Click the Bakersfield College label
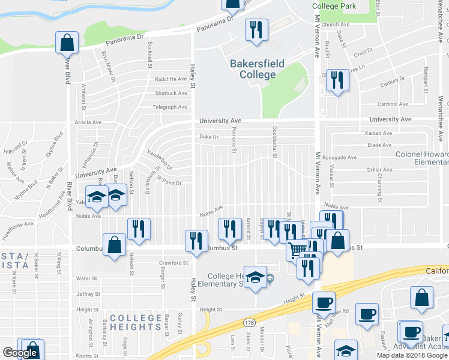coord(257,69)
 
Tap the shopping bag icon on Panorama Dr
coord(67,43)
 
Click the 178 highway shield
coord(249,323)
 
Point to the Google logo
coord(20,353)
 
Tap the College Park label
coord(334,6)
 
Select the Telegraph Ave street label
coord(170,107)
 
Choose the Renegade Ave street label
coord(340,157)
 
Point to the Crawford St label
coord(174,263)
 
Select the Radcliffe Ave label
coord(170,79)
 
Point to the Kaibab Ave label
coord(378,133)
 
